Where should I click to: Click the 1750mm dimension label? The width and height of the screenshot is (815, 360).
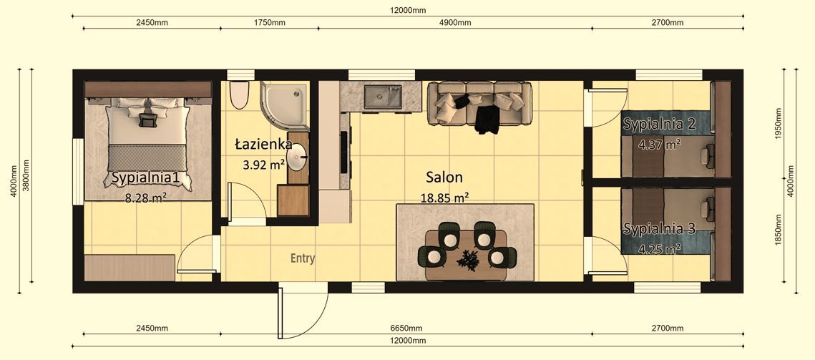click(x=269, y=22)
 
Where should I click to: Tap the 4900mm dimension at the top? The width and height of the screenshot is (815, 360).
click(x=455, y=22)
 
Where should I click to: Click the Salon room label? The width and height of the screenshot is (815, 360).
click(x=444, y=177)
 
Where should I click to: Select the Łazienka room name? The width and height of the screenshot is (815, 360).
click(x=262, y=145)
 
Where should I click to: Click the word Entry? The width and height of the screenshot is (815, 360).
click(x=303, y=258)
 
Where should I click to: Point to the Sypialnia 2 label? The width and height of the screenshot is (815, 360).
click(x=659, y=124)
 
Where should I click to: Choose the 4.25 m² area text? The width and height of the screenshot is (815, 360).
click(x=659, y=249)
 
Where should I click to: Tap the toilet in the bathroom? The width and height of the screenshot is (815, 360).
click(x=240, y=94)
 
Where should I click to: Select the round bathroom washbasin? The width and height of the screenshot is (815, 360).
click(x=298, y=159)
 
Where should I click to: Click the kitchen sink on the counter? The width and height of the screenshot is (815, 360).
click(x=382, y=97)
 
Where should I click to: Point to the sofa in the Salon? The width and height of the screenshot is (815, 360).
click(x=479, y=103)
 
